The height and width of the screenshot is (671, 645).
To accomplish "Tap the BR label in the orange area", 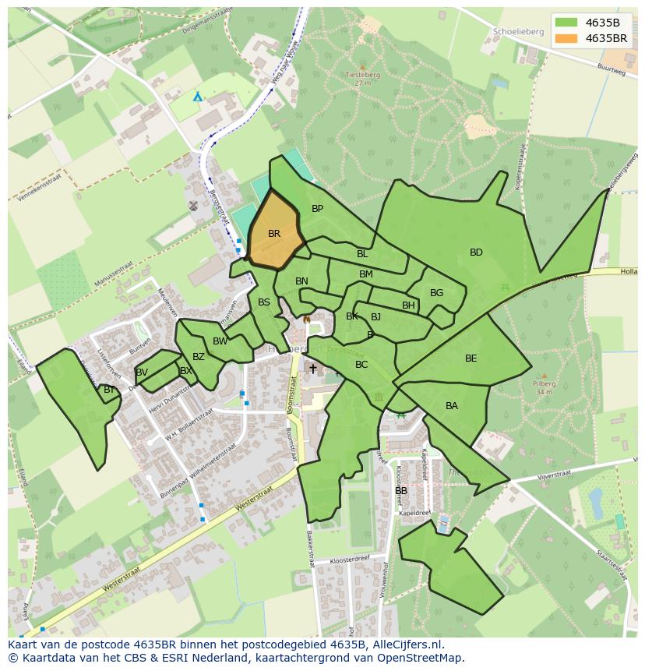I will pyautogui.click(x=274, y=234).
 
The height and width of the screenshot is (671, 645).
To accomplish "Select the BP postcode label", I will pyautogui.click(x=317, y=209).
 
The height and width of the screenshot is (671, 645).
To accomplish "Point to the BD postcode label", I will pyautogui.click(x=476, y=253).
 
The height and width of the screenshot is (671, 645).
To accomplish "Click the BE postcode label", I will pyautogui.click(x=471, y=358).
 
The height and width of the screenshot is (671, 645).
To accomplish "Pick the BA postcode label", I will pyautogui.click(x=452, y=406).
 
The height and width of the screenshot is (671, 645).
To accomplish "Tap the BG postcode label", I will pyautogui.click(x=436, y=293).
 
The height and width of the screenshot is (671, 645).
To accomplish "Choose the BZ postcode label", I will pyautogui.click(x=199, y=357).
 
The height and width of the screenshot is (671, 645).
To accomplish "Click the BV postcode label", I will pyautogui.click(x=142, y=373).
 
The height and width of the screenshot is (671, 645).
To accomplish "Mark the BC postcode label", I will pyautogui.click(x=361, y=365).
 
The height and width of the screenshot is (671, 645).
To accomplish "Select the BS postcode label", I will pyautogui.click(x=264, y=302).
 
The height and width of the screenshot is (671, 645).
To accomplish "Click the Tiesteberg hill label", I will pyautogui.click(x=361, y=76).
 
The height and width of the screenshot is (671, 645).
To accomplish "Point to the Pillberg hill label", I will pyautogui.click(x=544, y=384).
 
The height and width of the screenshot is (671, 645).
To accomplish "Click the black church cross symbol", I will pyautogui.click(x=313, y=369).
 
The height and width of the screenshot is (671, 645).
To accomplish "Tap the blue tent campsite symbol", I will pyautogui.click(x=198, y=97).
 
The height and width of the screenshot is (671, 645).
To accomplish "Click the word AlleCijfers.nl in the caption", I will pyautogui.click(x=406, y=645).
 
